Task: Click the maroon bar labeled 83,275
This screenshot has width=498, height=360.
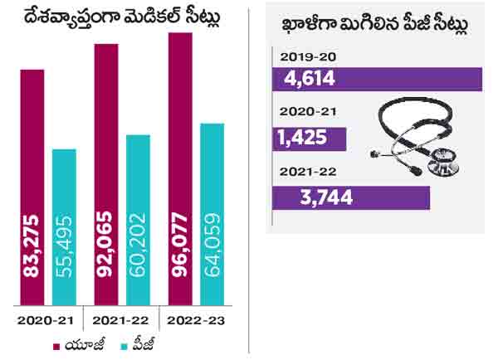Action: [x=32, y=187]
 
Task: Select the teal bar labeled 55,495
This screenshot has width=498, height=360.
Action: [x=64, y=226]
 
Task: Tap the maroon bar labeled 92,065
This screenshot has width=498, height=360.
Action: [x=106, y=174]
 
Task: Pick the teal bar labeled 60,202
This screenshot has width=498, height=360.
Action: [x=138, y=219]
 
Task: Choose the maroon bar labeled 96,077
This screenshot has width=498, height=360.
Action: [x=180, y=169]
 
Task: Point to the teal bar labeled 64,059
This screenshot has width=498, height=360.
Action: [x=212, y=213]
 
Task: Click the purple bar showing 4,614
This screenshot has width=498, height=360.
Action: [x=378, y=80]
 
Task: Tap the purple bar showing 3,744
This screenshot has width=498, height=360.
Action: [x=351, y=197]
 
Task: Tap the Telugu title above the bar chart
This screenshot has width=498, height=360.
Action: [x=125, y=16]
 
